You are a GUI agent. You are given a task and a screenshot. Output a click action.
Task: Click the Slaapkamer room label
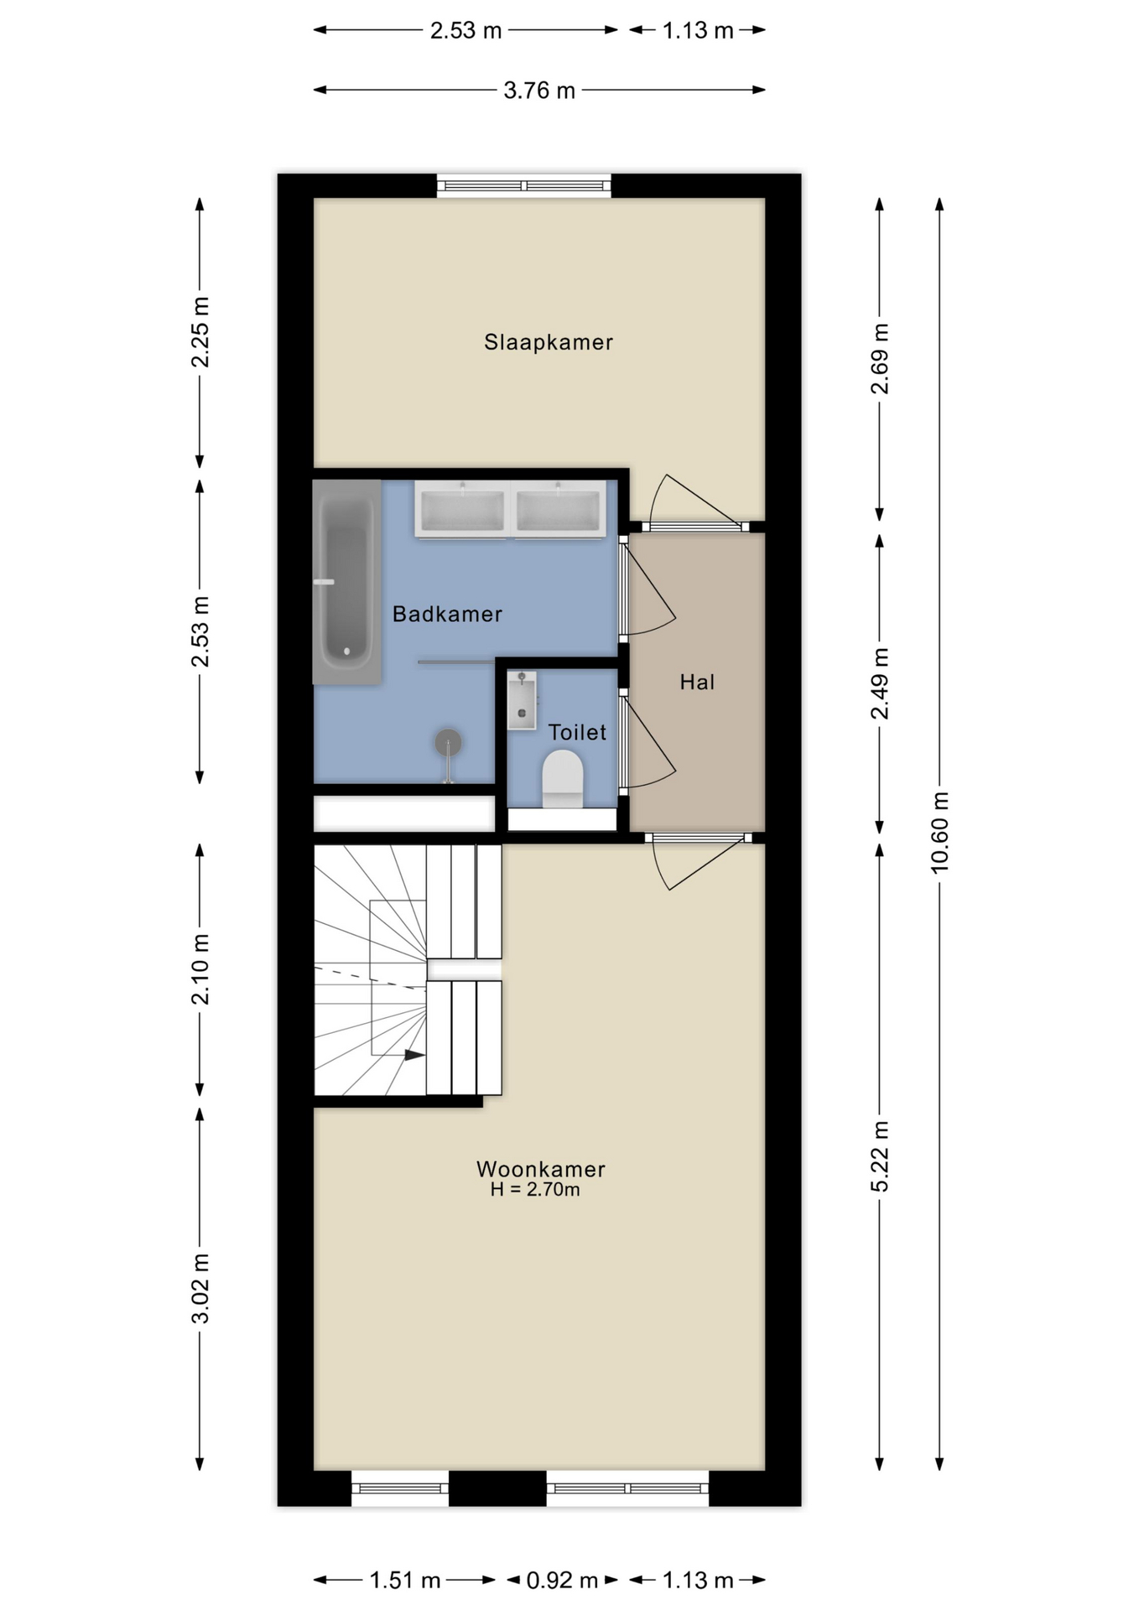[x=549, y=342]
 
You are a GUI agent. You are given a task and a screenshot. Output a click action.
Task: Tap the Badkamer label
[x=447, y=615]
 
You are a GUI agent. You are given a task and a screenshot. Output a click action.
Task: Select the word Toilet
[x=577, y=732]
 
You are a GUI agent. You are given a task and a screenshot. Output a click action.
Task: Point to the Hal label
[x=697, y=683]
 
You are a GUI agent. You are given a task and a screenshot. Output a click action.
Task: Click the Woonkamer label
[x=541, y=1169]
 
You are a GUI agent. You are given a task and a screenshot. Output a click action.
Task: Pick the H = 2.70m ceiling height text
[x=535, y=1190]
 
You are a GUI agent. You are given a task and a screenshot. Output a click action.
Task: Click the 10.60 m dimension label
[x=940, y=833]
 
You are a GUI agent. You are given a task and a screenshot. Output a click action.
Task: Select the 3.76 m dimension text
[x=539, y=91]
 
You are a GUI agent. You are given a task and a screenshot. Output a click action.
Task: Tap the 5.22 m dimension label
[x=880, y=1156]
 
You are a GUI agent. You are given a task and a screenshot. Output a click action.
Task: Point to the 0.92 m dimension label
[x=562, y=1581]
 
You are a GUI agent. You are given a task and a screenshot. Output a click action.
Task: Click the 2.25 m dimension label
[x=200, y=332]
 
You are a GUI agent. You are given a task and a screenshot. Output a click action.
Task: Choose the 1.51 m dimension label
[x=405, y=1581]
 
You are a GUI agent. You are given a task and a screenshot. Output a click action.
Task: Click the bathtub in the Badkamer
[x=346, y=582]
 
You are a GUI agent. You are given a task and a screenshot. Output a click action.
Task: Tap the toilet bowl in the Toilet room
[x=563, y=779]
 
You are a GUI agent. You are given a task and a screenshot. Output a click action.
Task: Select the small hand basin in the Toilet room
[x=522, y=700]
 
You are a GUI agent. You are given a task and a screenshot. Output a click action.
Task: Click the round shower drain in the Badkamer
[x=448, y=742]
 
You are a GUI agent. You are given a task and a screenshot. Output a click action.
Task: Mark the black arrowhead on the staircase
[x=414, y=1055]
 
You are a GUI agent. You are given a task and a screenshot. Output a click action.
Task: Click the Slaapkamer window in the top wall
[x=524, y=185]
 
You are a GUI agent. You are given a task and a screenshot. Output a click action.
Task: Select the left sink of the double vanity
[x=463, y=510]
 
